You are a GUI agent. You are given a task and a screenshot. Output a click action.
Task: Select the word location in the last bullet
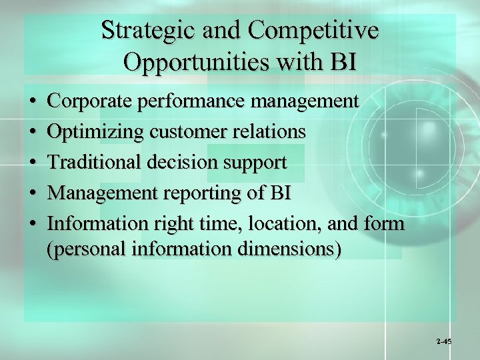point(288,224)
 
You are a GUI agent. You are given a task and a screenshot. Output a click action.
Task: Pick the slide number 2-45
point(444,341)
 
